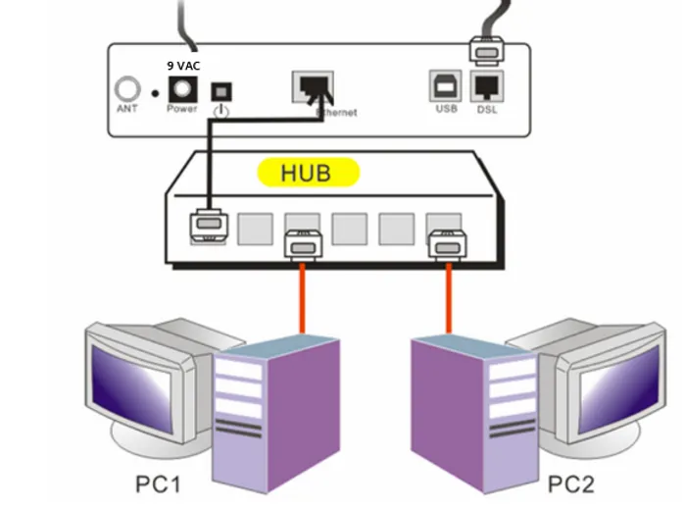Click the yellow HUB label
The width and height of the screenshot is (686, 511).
tap(307, 173)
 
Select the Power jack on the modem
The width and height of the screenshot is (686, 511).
tap(181, 90)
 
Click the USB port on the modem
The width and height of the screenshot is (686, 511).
tap(446, 86)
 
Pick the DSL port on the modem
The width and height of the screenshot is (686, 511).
tap(487, 86)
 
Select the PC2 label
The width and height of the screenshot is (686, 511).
tap(571, 484)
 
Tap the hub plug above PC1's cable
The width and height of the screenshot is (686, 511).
tap(302, 242)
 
